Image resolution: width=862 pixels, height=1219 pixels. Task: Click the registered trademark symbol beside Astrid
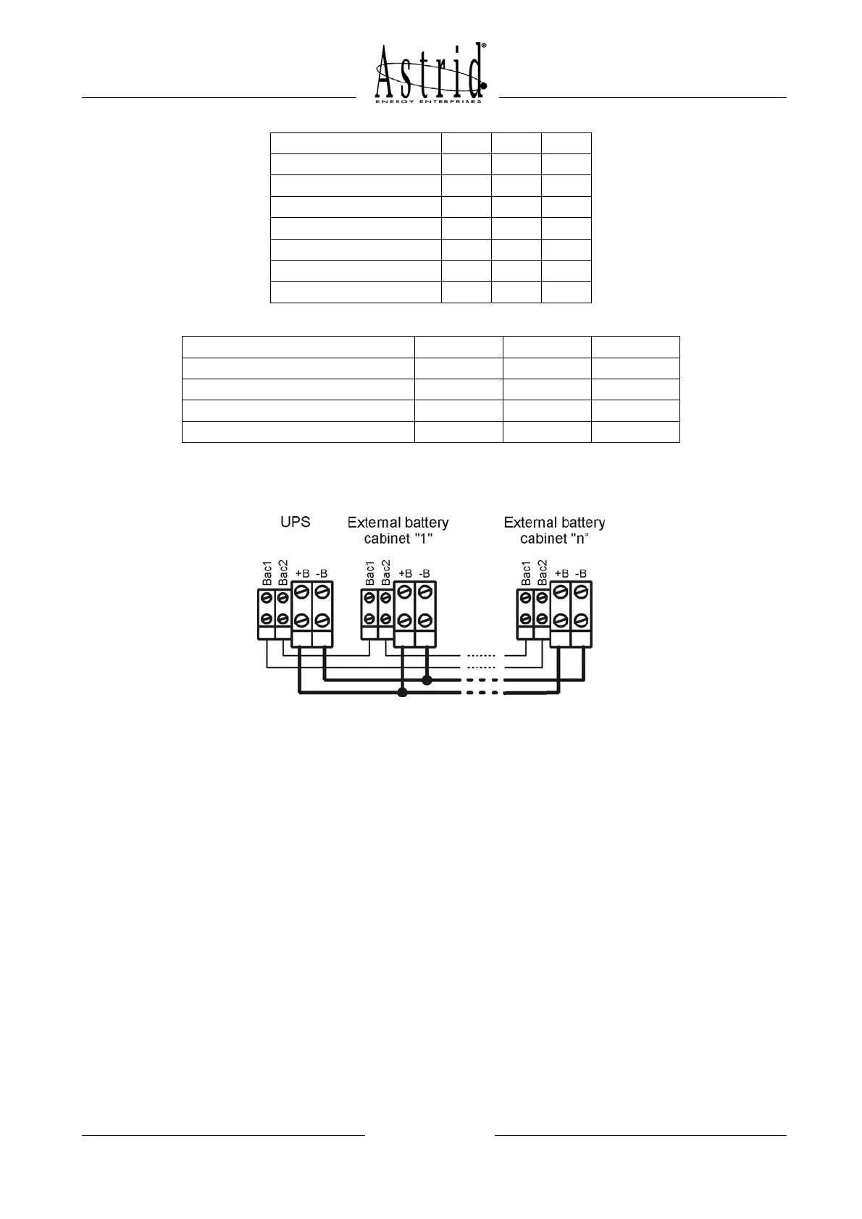(483, 45)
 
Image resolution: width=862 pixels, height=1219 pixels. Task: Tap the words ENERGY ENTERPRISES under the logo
(428, 101)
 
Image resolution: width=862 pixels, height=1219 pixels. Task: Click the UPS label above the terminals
(295, 522)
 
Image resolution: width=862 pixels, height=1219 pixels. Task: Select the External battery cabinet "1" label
(398, 530)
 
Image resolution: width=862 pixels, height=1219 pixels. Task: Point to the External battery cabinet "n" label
(554, 530)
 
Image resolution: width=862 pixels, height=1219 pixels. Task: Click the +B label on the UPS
(302, 573)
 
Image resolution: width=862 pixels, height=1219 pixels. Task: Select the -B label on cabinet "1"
(424, 573)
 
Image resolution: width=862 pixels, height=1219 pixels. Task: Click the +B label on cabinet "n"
(561, 573)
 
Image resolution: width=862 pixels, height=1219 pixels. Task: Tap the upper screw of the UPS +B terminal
(302, 592)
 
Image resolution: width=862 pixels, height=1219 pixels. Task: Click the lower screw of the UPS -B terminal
(322, 620)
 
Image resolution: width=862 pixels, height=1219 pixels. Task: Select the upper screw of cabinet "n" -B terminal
(580, 592)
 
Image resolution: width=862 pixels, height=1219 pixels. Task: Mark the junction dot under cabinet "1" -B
(427, 680)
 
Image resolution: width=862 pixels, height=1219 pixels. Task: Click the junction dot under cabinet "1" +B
(403, 693)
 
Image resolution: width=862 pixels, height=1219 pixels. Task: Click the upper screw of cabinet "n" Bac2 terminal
(541, 598)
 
